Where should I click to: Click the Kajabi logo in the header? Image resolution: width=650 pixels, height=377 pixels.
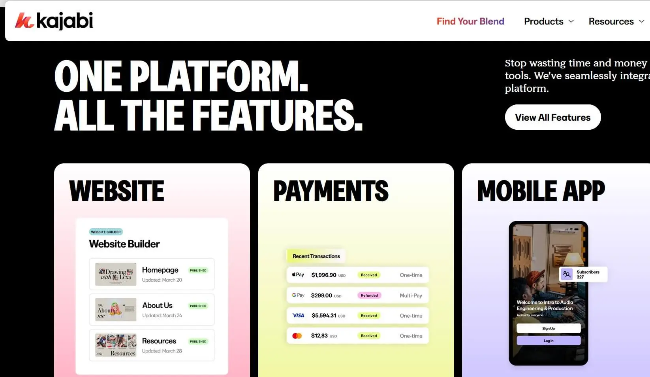click(54, 21)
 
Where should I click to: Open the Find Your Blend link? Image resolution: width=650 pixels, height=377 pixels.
click(470, 21)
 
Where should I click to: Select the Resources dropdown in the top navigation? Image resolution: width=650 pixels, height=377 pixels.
click(616, 21)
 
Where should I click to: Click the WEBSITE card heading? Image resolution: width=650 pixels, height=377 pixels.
click(116, 191)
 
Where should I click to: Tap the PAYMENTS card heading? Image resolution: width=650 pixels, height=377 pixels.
click(331, 191)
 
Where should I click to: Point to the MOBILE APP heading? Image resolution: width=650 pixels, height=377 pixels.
click(541, 191)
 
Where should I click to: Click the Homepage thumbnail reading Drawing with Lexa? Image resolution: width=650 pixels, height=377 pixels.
click(116, 274)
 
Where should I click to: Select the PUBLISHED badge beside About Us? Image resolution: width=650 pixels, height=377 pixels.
click(198, 306)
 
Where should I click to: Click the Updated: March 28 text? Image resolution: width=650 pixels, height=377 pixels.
click(162, 351)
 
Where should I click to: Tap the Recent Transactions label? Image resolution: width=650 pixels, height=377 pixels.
click(316, 256)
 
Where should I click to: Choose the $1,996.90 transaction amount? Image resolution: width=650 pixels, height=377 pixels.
click(324, 275)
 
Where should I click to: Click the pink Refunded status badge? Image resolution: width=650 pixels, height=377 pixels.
click(369, 296)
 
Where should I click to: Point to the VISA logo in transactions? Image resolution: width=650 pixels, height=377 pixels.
click(299, 316)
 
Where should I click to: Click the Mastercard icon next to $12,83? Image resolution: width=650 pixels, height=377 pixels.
click(297, 336)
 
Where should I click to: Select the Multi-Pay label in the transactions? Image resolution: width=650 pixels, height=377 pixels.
click(411, 296)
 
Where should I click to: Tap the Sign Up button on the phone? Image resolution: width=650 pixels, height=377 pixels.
click(549, 328)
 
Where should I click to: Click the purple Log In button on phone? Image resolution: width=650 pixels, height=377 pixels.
click(549, 341)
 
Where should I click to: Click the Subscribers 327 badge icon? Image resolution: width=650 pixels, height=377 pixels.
click(567, 274)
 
